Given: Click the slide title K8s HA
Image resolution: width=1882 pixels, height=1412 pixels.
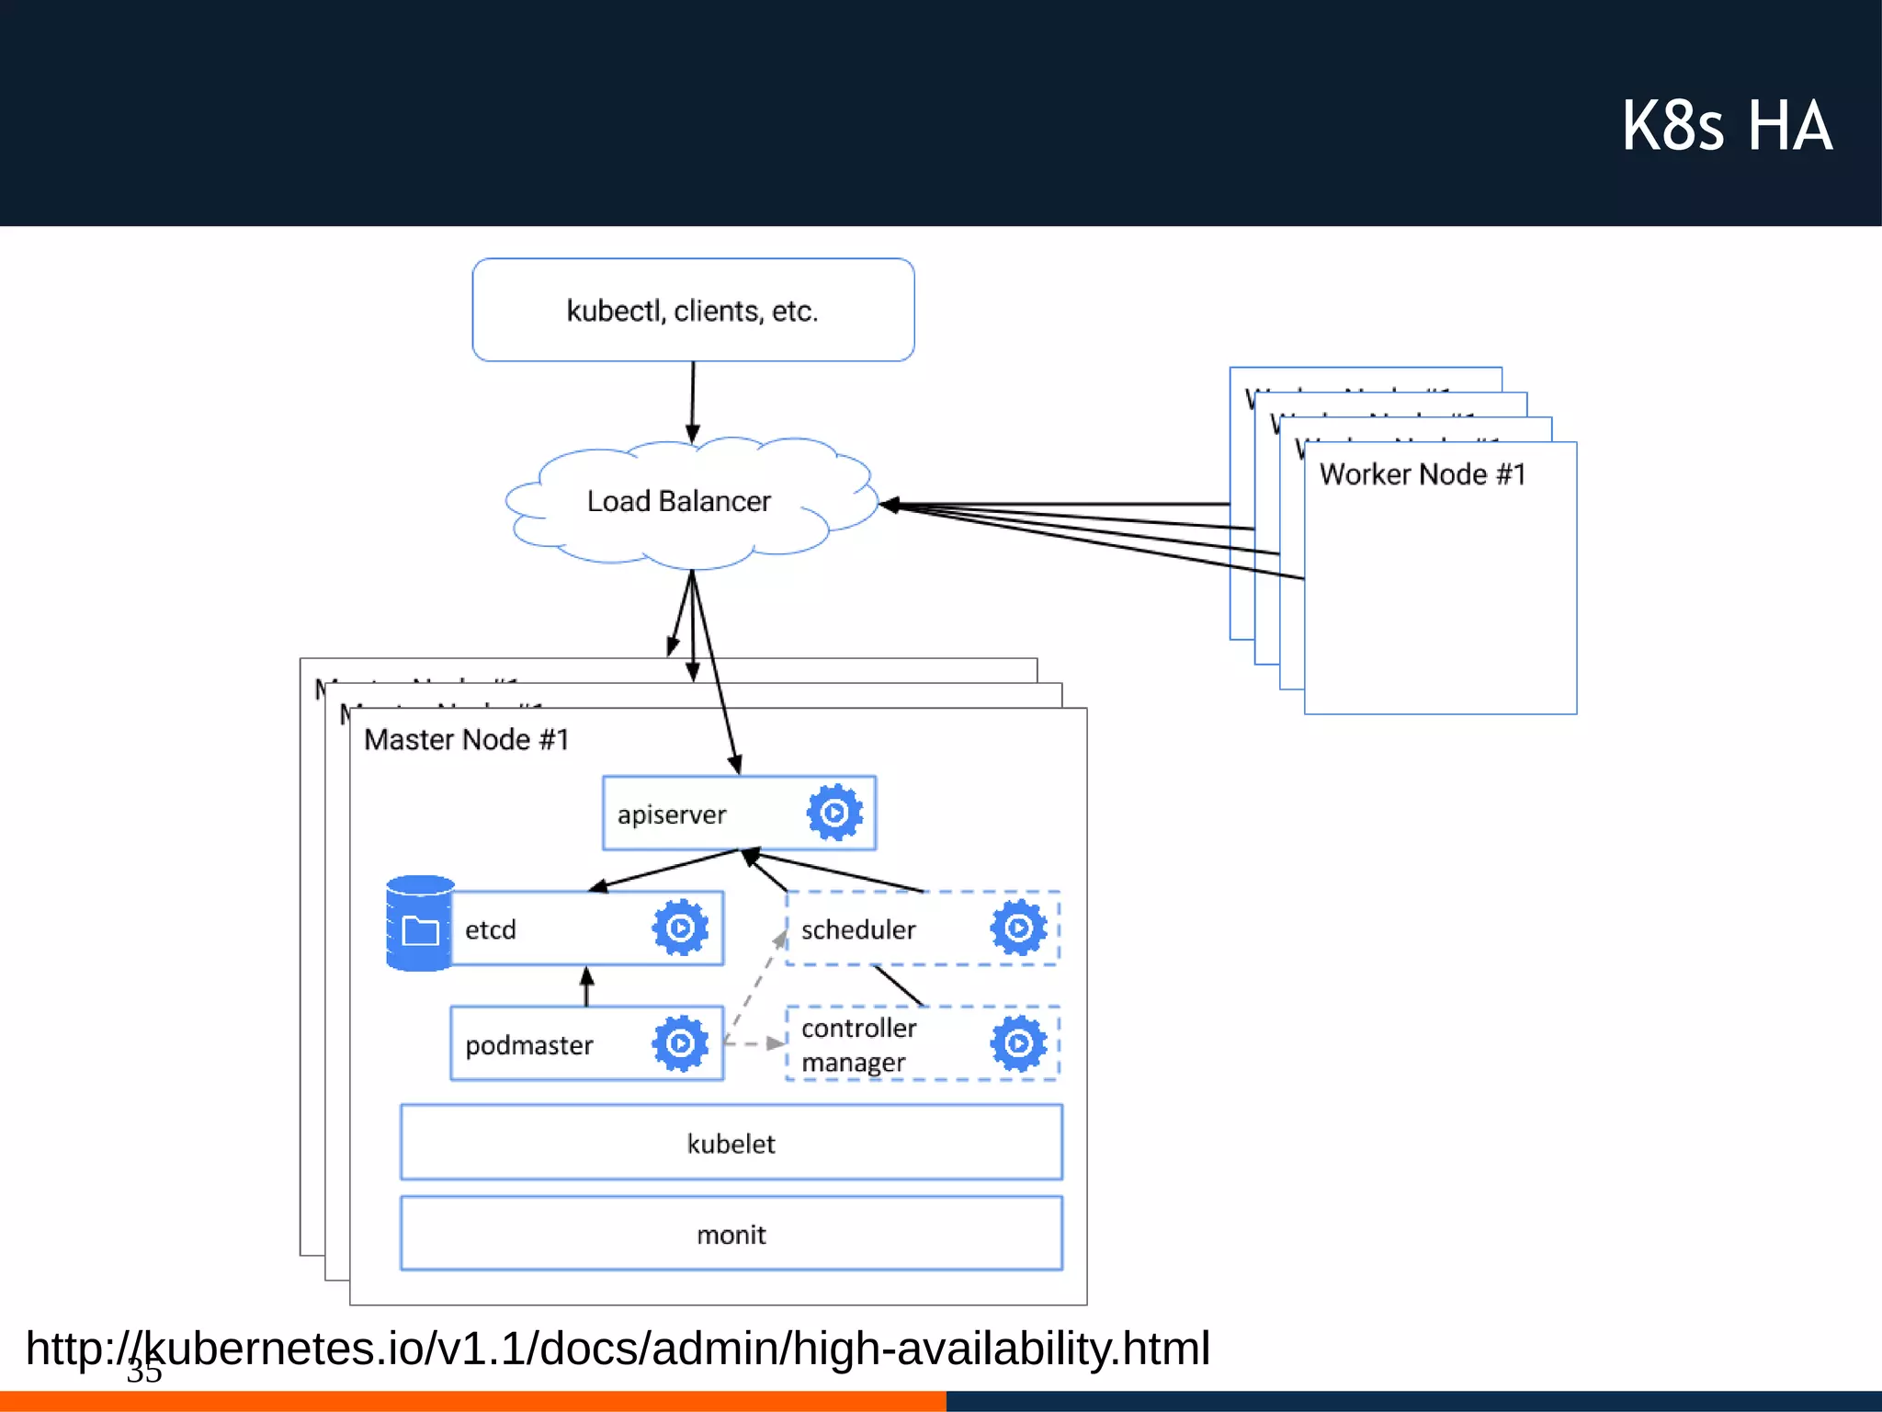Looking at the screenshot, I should (x=1726, y=126).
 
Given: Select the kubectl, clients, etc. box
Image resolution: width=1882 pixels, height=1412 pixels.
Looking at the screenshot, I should (x=693, y=310).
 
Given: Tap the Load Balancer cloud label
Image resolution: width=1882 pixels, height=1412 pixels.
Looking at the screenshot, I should (x=678, y=501).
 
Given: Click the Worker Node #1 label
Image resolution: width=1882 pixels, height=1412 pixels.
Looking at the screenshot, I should (x=1423, y=474).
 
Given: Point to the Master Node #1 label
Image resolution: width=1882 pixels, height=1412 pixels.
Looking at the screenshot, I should (x=466, y=740).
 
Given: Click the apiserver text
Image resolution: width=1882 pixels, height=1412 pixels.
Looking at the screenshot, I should (x=672, y=814).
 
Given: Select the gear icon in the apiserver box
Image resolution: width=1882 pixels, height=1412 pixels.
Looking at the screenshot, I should (x=834, y=813).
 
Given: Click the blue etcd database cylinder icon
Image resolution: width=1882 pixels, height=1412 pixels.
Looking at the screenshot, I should (x=420, y=923).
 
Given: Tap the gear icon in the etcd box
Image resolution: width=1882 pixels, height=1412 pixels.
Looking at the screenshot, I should (x=680, y=928).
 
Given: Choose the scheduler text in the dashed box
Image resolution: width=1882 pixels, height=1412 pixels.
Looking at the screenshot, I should (x=858, y=929).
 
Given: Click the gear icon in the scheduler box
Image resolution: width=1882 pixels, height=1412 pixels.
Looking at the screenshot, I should (x=1018, y=928).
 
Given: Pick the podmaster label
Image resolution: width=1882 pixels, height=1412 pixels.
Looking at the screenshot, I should (x=529, y=1045).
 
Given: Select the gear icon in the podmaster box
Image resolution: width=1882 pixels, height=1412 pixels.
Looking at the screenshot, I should (x=680, y=1043).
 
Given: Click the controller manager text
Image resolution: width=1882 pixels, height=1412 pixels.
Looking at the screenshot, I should (x=858, y=1044).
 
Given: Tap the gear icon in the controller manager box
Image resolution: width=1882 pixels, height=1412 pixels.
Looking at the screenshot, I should (x=1018, y=1043).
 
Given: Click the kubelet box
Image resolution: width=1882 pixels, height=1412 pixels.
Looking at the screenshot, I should (x=731, y=1143).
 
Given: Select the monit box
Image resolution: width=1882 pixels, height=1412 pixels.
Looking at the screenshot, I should (x=731, y=1234).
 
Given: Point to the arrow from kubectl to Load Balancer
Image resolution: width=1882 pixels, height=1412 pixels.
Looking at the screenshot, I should (x=693, y=400).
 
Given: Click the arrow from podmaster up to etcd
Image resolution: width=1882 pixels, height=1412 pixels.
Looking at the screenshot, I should (x=587, y=986).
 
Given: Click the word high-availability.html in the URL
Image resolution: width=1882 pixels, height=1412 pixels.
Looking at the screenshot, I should (x=1001, y=1349).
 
